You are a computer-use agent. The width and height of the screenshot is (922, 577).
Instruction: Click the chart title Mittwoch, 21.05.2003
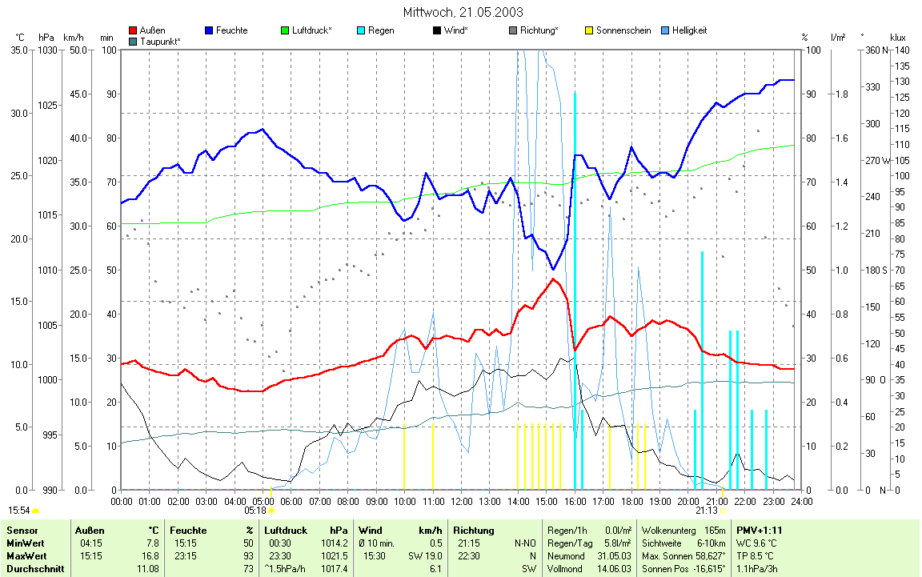pyautogui.click(x=463, y=12)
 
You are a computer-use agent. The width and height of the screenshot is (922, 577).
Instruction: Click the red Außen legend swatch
pyautogui.click(x=133, y=31)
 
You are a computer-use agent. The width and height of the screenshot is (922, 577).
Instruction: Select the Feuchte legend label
pyautogui.click(x=231, y=30)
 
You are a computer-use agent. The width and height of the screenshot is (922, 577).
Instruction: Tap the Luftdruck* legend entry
pyautogui.click(x=311, y=30)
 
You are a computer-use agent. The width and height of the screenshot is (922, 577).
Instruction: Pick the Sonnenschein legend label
pyautogui.click(x=623, y=30)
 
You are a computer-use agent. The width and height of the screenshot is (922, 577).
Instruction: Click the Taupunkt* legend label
pyautogui.click(x=160, y=41)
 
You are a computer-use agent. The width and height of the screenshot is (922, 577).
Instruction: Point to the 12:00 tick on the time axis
pyautogui.click(x=461, y=501)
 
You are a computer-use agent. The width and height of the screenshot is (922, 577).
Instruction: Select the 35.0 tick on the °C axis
pyautogui.click(x=18, y=50)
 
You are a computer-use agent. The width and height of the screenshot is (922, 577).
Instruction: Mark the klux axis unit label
pyautogui.click(x=898, y=38)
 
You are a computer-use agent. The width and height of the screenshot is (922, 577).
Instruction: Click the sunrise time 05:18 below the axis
pyautogui.click(x=255, y=510)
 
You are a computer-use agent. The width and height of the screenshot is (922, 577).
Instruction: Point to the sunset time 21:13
pyautogui.click(x=706, y=510)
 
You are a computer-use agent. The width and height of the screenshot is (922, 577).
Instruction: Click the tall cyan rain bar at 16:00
pyautogui.click(x=575, y=288)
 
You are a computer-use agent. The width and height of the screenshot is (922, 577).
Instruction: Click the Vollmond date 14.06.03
pyautogui.click(x=615, y=568)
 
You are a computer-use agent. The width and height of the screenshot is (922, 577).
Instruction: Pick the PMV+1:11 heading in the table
pyautogui.click(x=760, y=530)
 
